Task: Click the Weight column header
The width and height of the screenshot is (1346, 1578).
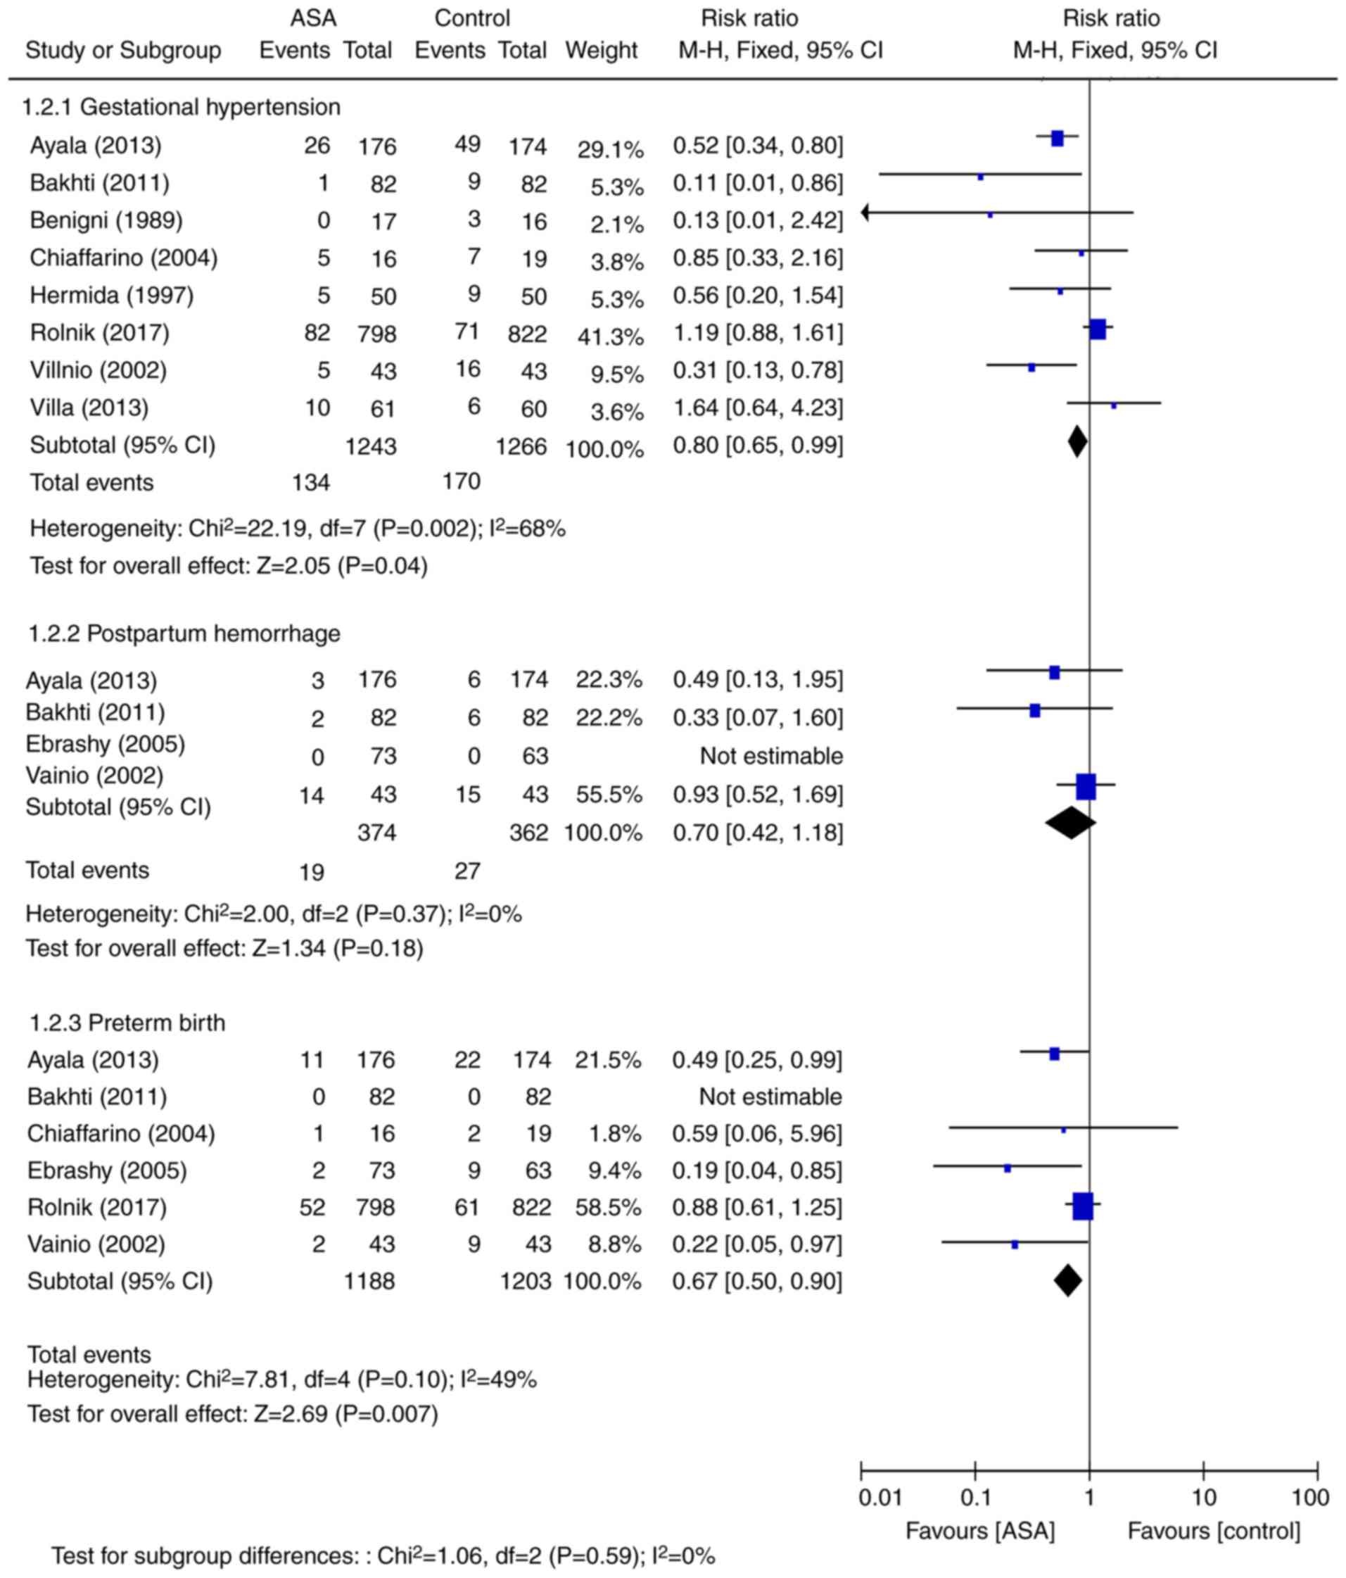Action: coord(601,51)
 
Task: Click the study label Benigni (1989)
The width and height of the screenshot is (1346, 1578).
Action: coord(106,221)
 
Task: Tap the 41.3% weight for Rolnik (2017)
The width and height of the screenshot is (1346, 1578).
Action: coord(610,336)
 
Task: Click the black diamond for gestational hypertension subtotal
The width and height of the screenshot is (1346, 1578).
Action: coord(1077,443)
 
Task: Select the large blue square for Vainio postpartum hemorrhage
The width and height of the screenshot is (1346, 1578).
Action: coord(1086,787)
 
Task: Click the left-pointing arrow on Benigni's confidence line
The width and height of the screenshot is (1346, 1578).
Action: coord(865,213)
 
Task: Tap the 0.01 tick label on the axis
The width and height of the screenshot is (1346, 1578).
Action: coord(880,1497)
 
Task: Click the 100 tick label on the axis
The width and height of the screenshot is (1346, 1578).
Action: coord(1310,1497)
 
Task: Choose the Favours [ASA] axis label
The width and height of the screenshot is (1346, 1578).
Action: coord(980,1531)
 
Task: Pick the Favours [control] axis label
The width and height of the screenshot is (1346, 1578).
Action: coord(1214,1531)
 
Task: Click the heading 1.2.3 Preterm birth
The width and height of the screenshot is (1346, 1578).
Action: coord(127,1022)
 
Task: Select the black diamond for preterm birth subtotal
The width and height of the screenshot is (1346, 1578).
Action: coord(1067,1280)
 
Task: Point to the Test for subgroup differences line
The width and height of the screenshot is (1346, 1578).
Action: coord(383,1556)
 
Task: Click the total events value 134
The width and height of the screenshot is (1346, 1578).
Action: coord(310,483)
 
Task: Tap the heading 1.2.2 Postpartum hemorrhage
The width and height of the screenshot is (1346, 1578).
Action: coord(184,633)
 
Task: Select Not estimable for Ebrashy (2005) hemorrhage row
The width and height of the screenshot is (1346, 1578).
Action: coord(771,756)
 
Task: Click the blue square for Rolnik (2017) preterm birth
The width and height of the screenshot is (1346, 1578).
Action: coord(1083,1206)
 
